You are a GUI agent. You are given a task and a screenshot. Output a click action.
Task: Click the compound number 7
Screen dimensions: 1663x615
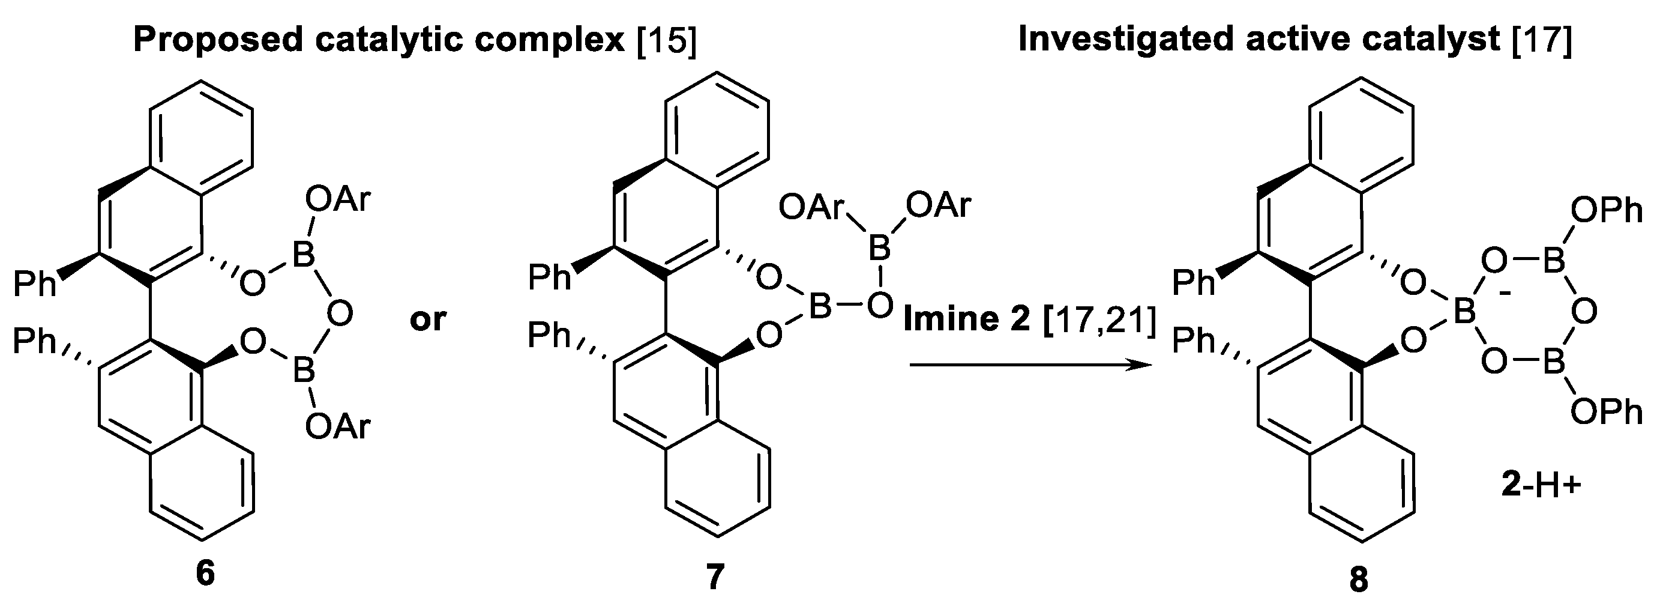715,577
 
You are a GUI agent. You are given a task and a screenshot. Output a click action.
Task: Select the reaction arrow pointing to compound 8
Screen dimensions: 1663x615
1030,366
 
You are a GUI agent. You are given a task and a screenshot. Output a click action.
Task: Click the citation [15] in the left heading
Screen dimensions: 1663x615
667,40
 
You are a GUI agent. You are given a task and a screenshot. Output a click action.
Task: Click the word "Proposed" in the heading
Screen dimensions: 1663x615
218,40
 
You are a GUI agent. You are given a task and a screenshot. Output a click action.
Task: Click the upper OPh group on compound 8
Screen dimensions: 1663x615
1606,211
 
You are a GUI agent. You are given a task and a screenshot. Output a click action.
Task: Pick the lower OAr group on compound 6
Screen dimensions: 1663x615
338,426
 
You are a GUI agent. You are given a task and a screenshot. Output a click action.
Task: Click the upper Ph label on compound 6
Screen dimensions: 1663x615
35,284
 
